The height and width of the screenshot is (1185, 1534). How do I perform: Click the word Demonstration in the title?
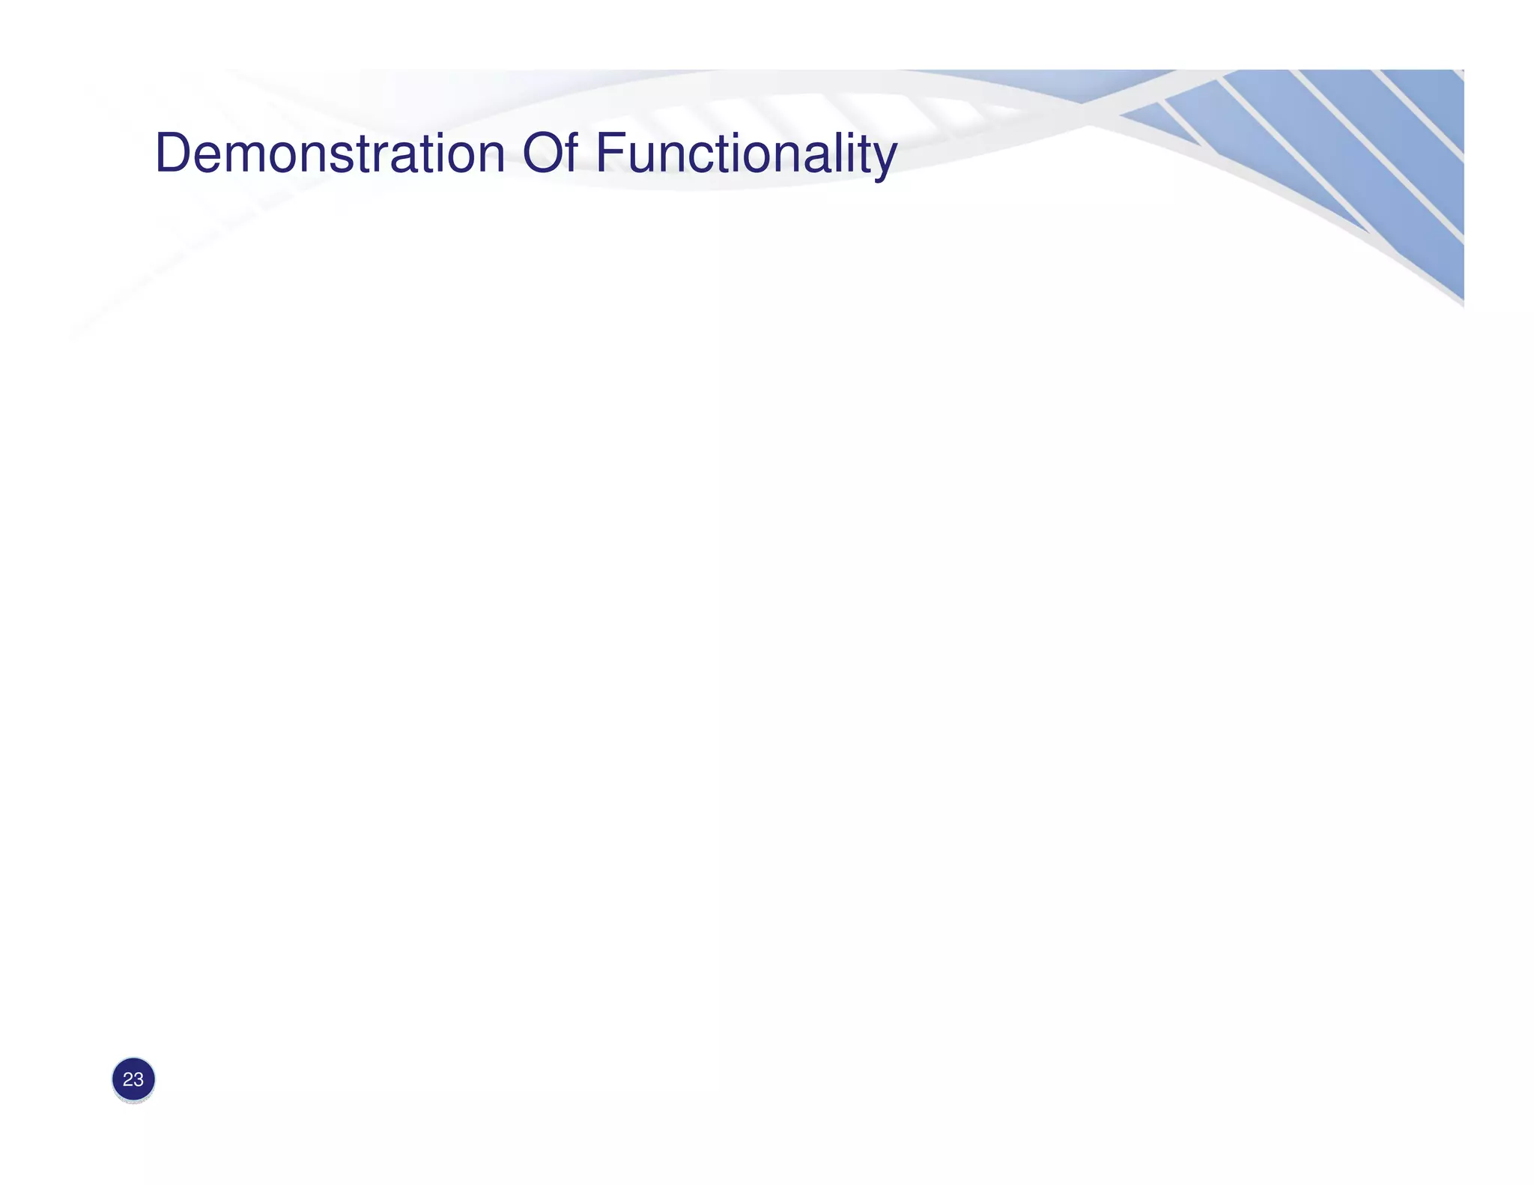click(x=330, y=154)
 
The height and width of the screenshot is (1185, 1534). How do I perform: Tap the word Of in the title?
click(x=549, y=154)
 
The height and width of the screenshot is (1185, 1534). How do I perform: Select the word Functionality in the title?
click(x=745, y=154)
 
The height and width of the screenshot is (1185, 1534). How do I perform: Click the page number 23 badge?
click(x=133, y=1079)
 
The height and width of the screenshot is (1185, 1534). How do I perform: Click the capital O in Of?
click(x=541, y=154)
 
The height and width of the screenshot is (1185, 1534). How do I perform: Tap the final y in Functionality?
click(x=884, y=159)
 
